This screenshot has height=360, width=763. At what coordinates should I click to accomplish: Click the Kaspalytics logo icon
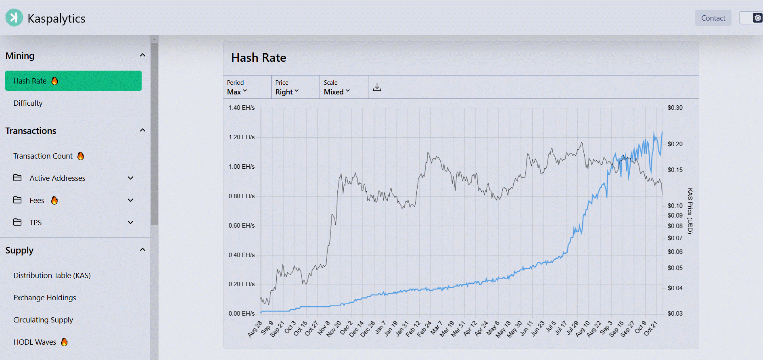14,18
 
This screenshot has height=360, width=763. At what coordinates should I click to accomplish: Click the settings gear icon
757,18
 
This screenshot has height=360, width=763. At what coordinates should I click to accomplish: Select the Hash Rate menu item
73,81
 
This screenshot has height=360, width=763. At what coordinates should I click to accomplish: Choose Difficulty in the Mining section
28,103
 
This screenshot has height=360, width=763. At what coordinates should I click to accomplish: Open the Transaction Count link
43,156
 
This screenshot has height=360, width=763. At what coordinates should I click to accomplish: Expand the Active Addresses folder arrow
130,178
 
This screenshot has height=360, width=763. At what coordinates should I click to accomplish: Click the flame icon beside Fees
54,200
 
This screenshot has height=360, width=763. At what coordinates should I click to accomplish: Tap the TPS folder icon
17,222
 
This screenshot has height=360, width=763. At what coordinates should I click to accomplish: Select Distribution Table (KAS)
52,275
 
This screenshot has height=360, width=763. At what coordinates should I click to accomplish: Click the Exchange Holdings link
44,297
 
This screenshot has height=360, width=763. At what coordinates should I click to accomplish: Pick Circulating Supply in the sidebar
43,320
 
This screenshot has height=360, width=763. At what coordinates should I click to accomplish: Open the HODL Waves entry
35,342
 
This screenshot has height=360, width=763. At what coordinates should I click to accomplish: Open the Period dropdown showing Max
237,92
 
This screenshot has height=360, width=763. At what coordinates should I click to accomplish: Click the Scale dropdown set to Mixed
337,92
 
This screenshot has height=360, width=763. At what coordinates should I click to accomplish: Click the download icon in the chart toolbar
377,87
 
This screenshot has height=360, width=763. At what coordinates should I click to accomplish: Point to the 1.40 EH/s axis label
241,108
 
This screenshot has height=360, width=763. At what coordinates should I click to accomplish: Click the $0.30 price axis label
675,108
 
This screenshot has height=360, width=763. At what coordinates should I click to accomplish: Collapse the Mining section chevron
142,55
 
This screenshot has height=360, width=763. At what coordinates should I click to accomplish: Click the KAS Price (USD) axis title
690,211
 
